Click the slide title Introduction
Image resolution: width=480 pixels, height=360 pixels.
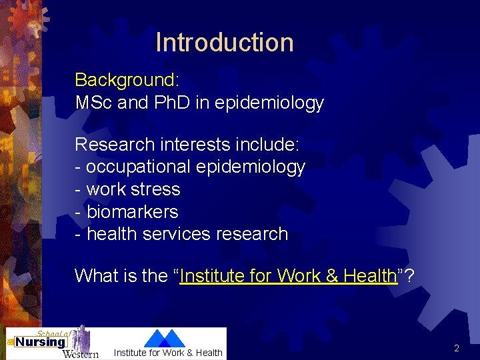click(225, 42)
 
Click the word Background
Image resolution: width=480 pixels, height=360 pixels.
click(125, 80)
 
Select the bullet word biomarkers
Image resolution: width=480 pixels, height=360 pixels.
click(133, 212)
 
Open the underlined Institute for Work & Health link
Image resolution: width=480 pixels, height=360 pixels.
click(288, 276)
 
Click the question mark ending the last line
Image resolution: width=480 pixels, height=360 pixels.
click(409, 276)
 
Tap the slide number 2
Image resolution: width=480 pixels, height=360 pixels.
click(457, 348)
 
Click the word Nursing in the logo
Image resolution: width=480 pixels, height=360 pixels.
click(40, 343)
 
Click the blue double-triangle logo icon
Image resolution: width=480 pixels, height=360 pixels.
click(165, 338)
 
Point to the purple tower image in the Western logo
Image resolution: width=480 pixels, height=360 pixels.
click(80, 337)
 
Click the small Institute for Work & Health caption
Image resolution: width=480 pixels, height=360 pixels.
click(168, 353)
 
